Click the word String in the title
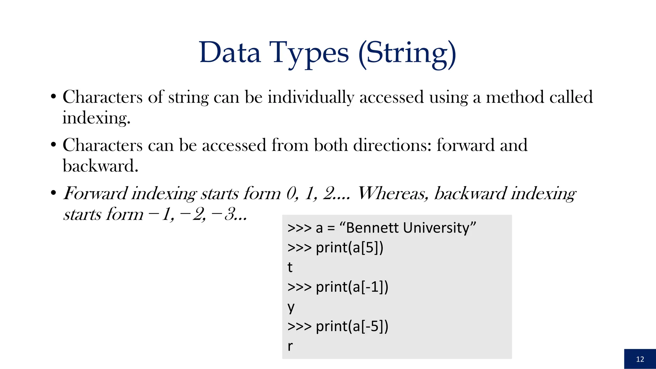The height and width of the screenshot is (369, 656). point(407,53)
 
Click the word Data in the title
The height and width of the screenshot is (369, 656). point(230,53)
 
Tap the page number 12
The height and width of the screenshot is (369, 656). point(640,359)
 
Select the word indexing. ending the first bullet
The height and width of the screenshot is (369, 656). point(96,118)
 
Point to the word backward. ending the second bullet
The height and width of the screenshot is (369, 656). point(100,166)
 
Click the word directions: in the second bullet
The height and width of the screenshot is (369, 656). point(392,145)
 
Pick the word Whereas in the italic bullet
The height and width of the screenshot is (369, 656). point(393,193)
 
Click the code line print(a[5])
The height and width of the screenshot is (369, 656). point(349,248)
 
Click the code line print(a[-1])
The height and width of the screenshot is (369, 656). point(352,287)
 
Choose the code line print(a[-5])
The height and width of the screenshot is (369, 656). point(352,326)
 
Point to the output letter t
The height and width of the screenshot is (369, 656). point(290,267)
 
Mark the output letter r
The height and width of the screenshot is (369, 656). point(290,346)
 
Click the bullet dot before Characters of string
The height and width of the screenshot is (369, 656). point(53,97)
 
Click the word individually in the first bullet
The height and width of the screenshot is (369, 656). point(310,97)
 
